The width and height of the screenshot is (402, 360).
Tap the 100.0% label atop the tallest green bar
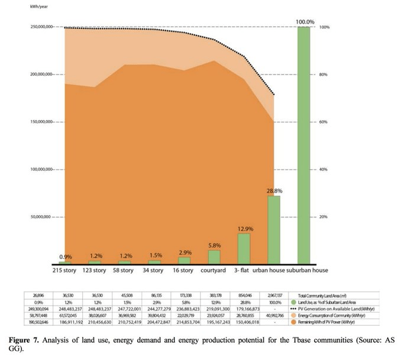pos(304,22)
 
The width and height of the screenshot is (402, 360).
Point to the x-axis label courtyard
pos(215,271)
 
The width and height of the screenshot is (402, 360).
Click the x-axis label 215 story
pos(65,271)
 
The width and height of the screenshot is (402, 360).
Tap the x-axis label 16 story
pos(184,271)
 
